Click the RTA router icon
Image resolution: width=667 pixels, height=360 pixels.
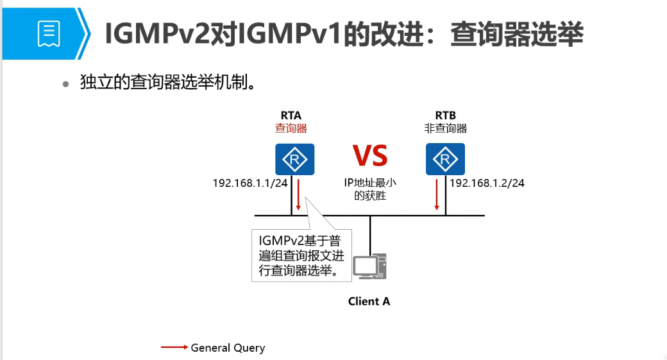[295, 159]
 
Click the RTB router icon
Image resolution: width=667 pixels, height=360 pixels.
[445, 159]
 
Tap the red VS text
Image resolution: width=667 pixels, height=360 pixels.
[370, 157]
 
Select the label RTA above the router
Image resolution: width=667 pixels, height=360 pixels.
[291, 115]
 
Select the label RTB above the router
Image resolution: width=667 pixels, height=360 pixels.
[445, 115]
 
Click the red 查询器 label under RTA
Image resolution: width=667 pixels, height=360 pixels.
[291, 128]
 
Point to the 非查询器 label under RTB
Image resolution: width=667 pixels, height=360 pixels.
[445, 128]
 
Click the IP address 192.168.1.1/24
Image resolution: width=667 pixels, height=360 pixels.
[250, 183]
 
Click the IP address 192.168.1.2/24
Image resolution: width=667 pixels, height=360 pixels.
[487, 183]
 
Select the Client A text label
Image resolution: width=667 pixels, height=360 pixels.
[369, 301]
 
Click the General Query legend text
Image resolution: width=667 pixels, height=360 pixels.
[228, 348]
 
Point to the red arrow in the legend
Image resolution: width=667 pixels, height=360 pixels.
[174, 348]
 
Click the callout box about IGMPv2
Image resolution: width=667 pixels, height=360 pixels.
[301, 255]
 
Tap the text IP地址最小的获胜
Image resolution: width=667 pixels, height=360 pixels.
[370, 189]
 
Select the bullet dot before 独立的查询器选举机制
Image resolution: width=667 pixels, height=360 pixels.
[65, 84]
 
